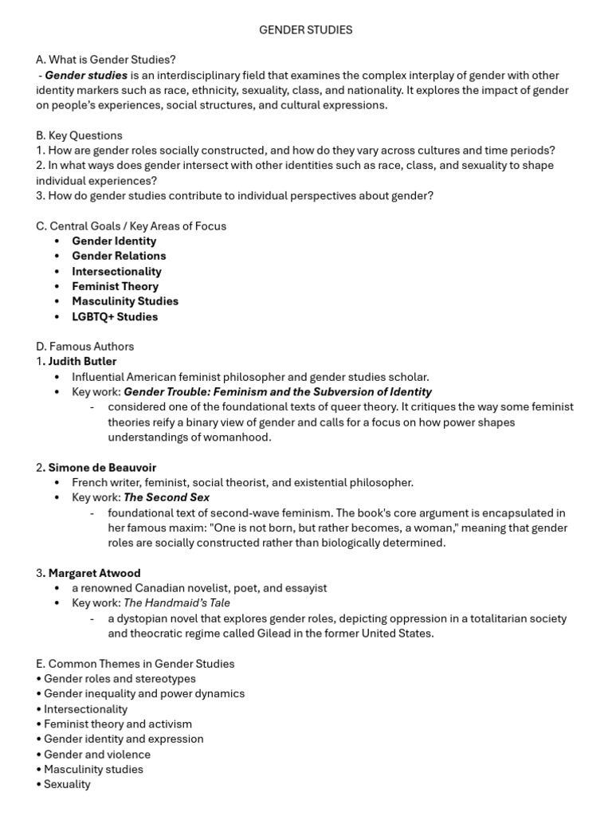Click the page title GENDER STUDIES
(305, 29)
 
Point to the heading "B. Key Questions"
(79, 135)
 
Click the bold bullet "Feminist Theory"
(115, 286)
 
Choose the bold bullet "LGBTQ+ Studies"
(115, 316)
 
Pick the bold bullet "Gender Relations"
(119, 256)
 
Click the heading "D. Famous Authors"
(84, 347)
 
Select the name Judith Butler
(82, 362)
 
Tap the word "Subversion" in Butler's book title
(346, 392)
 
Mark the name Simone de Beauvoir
(102, 468)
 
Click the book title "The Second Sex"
(167, 498)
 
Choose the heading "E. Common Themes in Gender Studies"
(135, 664)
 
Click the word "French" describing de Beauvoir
(89, 483)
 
